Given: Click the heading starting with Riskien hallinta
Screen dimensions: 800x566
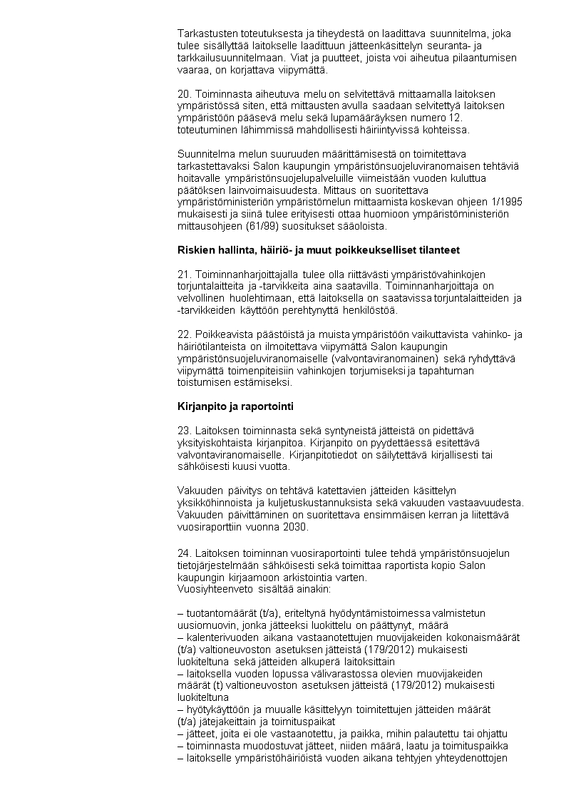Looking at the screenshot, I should [318, 250].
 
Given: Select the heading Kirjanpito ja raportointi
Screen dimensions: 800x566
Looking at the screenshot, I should [235, 407].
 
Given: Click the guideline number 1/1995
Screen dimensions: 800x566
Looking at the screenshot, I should [506, 203].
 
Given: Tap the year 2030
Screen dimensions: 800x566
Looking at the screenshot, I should [294, 528].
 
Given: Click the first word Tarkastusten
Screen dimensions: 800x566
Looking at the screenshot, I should [209, 34].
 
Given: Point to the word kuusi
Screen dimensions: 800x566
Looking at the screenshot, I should [235, 467].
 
